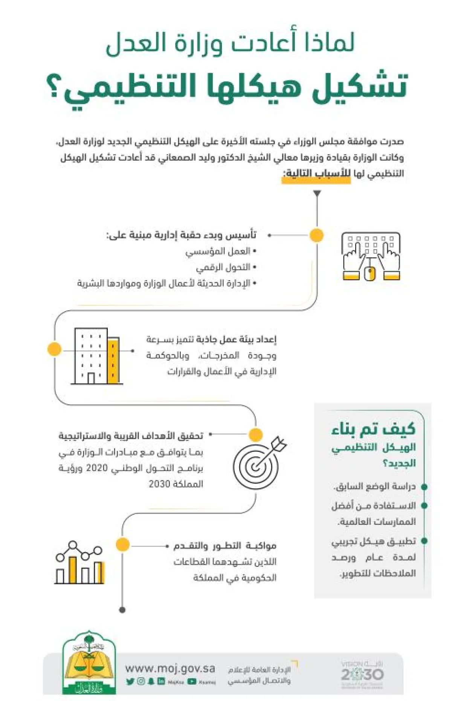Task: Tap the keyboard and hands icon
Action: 371,256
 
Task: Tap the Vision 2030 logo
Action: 362,675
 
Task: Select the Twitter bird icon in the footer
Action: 130,681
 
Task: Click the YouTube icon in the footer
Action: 192,681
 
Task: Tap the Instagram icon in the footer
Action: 141,681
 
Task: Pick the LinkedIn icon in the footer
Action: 161,681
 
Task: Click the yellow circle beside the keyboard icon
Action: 316,235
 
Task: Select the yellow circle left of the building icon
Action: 55,349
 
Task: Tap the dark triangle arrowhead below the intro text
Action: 317,194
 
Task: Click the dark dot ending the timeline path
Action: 122,610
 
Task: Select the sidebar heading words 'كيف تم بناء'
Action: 373,429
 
